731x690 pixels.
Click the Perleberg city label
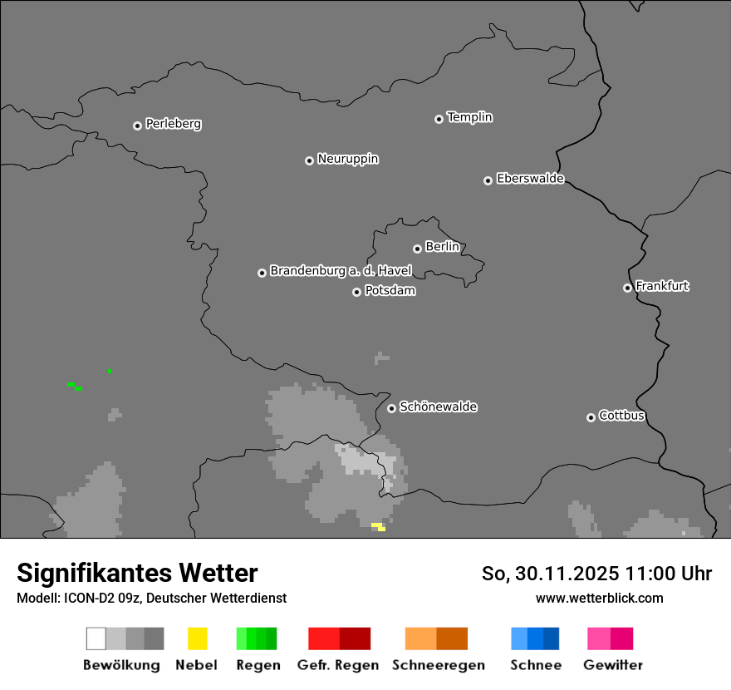pos(173,124)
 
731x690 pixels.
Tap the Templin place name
pos(469,117)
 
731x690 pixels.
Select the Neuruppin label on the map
pos(347,159)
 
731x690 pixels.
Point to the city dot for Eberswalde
pos(488,180)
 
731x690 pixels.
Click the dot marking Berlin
pos(417,249)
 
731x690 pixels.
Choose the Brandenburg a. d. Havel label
pos(341,271)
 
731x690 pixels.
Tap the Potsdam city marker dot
pos(356,292)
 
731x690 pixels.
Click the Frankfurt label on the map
pos(662,286)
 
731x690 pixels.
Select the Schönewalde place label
pos(438,407)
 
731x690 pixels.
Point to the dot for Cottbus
pos(591,417)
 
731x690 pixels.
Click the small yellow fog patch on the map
pos(378,526)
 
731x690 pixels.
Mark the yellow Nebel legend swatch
pos(197,638)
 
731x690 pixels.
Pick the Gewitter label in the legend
pos(612,665)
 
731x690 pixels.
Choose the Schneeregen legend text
pos(438,665)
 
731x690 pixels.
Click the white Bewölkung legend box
pos(96,638)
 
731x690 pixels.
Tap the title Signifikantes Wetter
pos(137,573)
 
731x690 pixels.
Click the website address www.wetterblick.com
pos(599,598)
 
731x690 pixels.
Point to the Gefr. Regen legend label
pos(337,665)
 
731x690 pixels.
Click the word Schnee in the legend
pos(535,665)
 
